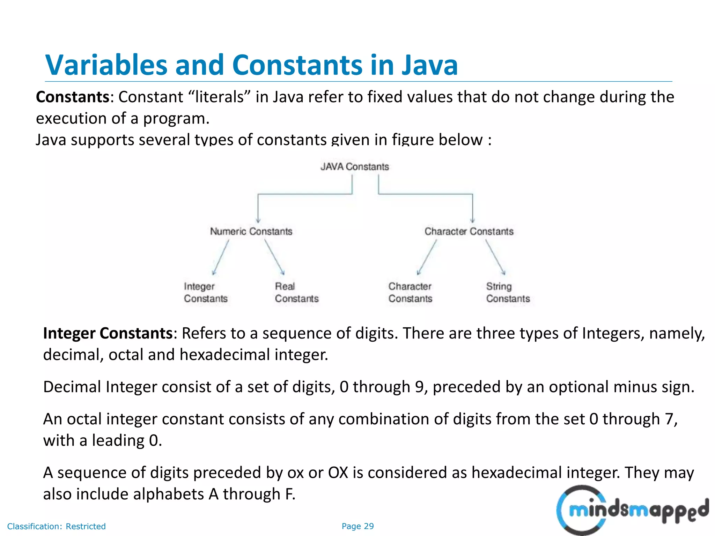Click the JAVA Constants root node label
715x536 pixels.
[x=354, y=167]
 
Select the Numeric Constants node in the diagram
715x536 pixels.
[x=251, y=231]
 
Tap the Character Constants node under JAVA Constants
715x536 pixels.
[x=469, y=231]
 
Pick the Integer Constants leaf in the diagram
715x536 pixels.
[x=206, y=292]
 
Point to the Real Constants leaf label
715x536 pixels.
[x=297, y=292]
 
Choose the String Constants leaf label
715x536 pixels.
[x=508, y=292]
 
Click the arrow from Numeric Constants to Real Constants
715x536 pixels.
[x=274, y=257]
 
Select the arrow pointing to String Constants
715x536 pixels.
[x=495, y=257]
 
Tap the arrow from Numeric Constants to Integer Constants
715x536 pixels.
[x=221, y=257]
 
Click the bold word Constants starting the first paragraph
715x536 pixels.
[x=73, y=97]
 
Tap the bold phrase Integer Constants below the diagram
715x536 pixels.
[x=108, y=333]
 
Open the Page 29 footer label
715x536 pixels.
[x=357, y=526]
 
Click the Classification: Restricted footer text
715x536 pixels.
[x=56, y=526]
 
